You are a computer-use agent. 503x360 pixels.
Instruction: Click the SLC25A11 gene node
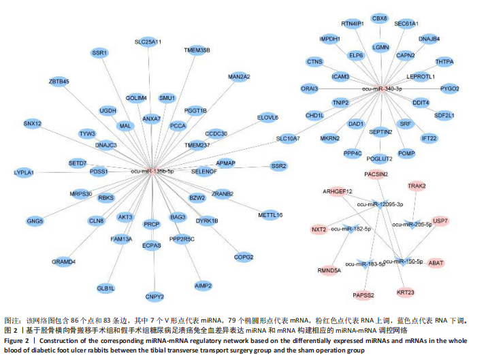[148, 42]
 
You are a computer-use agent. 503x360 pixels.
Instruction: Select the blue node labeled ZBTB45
[59, 82]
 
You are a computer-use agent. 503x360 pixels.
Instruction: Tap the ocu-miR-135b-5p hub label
[151, 172]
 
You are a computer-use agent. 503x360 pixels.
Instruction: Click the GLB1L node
[106, 288]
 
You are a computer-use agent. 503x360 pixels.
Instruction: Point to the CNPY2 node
[155, 297]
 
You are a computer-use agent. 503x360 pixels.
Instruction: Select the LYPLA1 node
[24, 173]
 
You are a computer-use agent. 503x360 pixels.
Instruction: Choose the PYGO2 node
[450, 89]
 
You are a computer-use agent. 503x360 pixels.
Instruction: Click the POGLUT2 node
[379, 159]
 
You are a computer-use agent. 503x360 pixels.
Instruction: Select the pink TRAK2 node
[417, 186]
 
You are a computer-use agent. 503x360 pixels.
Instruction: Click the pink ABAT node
[436, 263]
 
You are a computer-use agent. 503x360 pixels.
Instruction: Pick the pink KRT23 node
[406, 293]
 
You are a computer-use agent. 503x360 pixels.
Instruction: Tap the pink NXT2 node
[319, 230]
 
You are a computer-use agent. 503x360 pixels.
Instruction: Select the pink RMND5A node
[329, 269]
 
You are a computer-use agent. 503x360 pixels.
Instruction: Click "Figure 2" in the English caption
[21, 340]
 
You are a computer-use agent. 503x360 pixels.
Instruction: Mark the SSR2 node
[279, 166]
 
